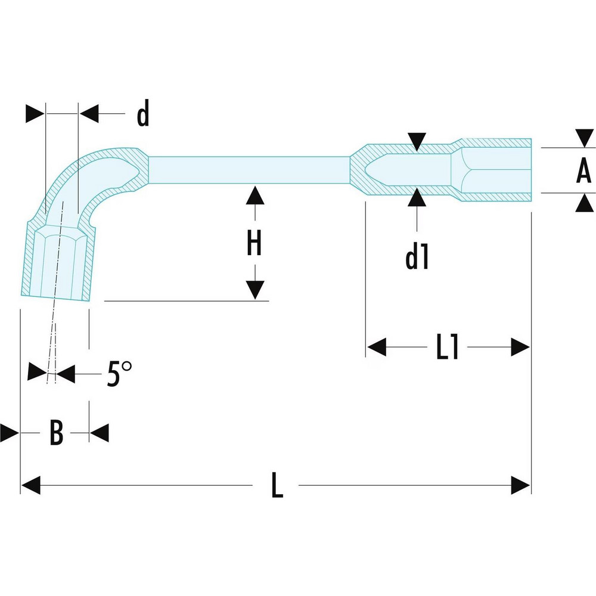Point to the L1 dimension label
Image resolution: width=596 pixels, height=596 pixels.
point(447,347)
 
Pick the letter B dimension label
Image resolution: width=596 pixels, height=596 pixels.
point(55,433)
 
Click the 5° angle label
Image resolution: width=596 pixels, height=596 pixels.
point(119,375)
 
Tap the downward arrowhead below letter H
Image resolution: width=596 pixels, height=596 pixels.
point(254,290)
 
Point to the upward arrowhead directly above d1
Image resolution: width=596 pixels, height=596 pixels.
point(417,195)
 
